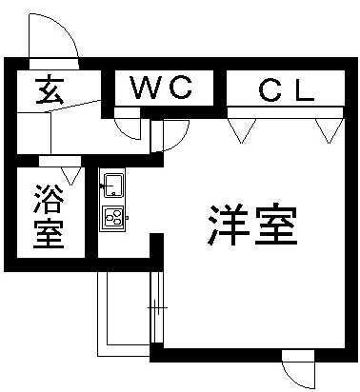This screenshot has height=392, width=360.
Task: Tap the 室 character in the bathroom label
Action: tap(49, 233)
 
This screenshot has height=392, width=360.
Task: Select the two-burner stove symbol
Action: tap(113, 217)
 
